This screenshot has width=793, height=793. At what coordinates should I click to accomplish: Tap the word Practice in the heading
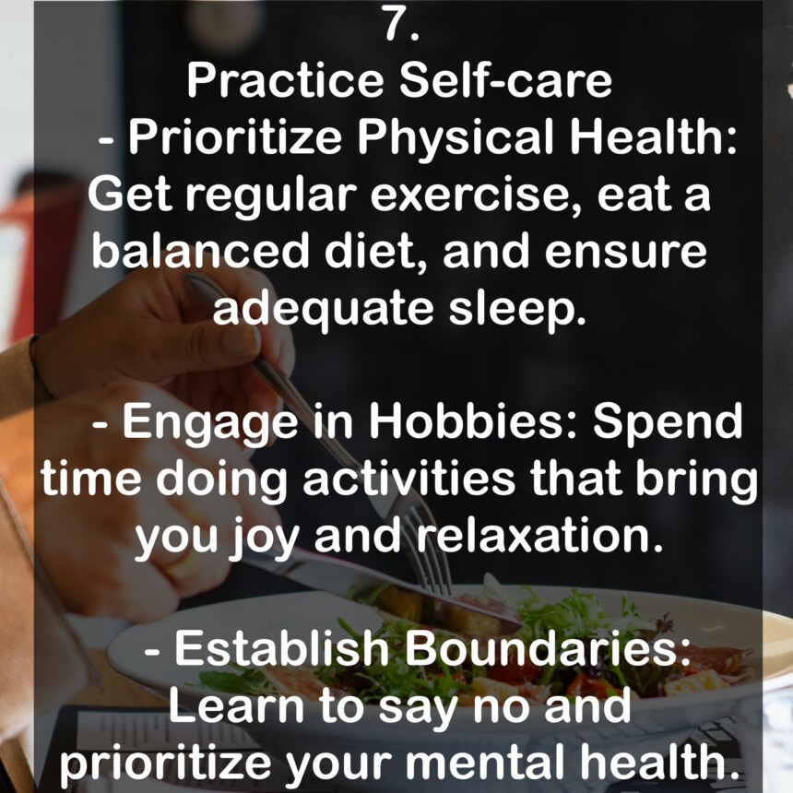(284, 80)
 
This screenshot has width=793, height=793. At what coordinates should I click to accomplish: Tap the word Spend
(668, 423)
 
